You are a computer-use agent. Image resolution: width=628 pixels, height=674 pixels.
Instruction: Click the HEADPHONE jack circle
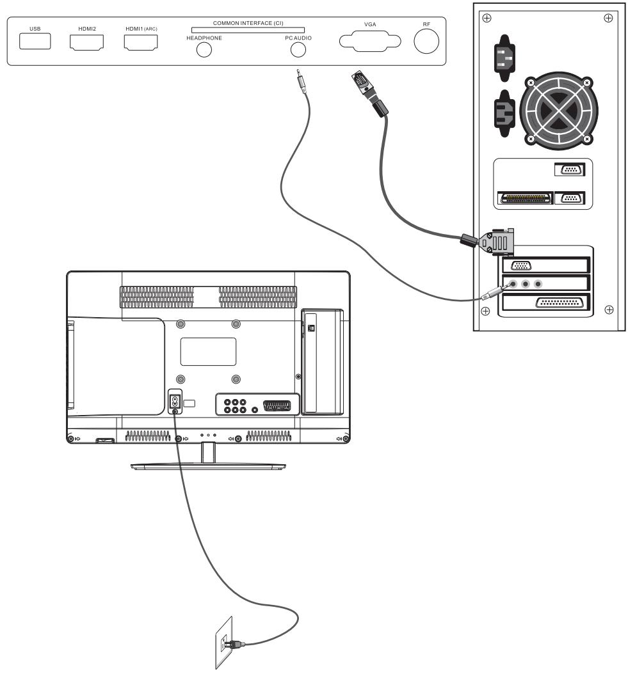204,50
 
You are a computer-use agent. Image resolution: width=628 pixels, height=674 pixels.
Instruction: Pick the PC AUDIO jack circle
298,50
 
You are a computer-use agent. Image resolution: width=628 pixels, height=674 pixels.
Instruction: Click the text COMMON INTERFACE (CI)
248,23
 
